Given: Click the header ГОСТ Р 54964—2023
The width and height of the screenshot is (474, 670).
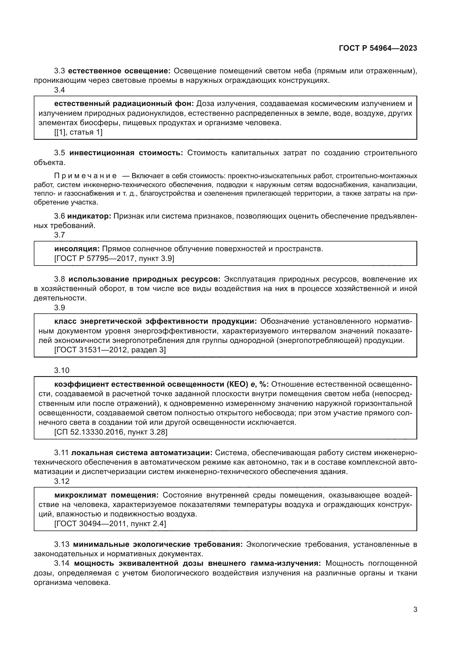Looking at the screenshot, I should pyautogui.click(x=378, y=48).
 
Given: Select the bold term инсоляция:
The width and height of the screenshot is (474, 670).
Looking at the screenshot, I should pyautogui.click(x=77, y=249).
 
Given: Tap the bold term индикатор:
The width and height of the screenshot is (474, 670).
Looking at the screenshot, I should pyautogui.click(x=89, y=216).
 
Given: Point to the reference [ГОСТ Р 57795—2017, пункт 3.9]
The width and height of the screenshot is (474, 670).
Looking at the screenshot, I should pyautogui.click(x=114, y=258).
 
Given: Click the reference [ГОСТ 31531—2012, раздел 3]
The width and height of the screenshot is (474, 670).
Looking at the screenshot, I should pyautogui.click(x=110, y=349).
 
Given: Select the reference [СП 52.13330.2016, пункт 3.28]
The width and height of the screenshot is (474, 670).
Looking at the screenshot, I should pyautogui.click(x=111, y=432).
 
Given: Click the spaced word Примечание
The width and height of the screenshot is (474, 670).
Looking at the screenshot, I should pyautogui.click(x=85, y=176).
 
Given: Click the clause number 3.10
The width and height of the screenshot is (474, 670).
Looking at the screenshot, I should pyautogui.click(x=62, y=370).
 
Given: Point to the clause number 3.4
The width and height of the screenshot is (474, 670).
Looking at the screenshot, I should pyautogui.click(x=59, y=90).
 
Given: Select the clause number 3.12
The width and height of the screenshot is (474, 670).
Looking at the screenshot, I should pyautogui.click(x=62, y=481).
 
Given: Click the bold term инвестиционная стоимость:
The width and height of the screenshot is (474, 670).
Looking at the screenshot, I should pyautogui.click(x=126, y=153).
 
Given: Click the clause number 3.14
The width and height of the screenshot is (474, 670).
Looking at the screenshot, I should pyautogui.click(x=62, y=563).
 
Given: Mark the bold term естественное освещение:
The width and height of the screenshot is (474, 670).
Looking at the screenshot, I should pyautogui.click(x=120, y=71).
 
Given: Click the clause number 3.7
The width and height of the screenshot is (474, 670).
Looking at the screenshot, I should pyautogui.click(x=59, y=235).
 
